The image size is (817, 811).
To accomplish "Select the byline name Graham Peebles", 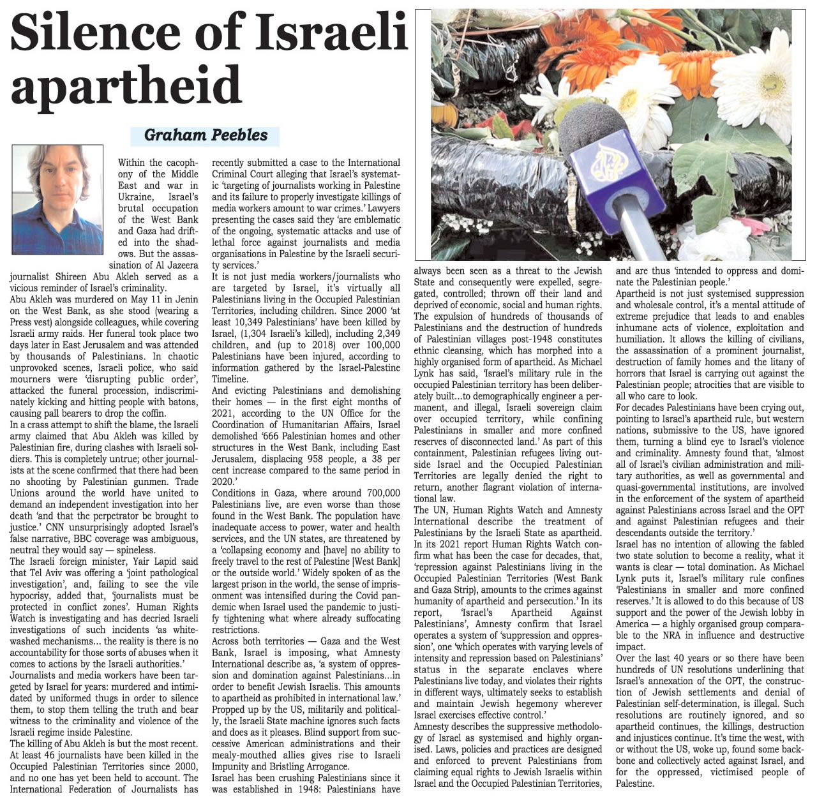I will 206,135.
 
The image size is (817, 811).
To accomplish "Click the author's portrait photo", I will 57,200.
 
